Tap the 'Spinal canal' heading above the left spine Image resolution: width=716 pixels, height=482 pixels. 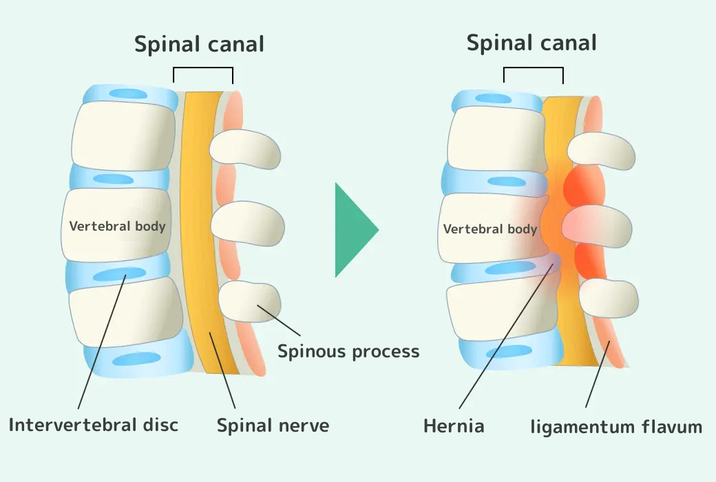point(199,45)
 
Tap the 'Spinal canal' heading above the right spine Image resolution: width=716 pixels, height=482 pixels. point(531,43)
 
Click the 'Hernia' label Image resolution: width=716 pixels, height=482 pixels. point(454,426)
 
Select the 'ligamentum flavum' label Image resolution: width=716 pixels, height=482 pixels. point(616,427)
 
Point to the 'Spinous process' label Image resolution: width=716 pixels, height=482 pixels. point(348,352)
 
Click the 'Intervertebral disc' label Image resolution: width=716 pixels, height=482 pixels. point(93,424)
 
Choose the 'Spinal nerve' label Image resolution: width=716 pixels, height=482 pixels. point(273,426)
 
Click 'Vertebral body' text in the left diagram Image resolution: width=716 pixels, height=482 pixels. point(117,226)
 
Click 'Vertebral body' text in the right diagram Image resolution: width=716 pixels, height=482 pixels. point(489,229)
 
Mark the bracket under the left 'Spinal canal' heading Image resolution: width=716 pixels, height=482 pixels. point(203,69)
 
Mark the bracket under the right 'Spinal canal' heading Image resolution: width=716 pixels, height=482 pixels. point(534,69)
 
